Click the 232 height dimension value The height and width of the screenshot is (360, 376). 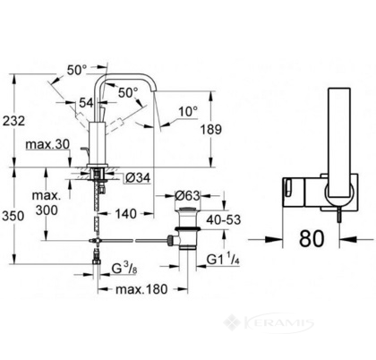coord(13,121)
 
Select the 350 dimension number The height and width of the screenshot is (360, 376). coord(13,216)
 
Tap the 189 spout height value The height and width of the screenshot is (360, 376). coord(211,129)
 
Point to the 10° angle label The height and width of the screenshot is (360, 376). coord(188,112)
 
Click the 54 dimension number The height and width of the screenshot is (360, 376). coord(86,103)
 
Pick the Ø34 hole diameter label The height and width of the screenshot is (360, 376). coord(138,178)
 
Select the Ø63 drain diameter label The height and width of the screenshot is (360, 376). coord(187,195)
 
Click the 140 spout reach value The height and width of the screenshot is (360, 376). coord(125,214)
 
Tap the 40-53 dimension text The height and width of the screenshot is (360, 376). coord(224,219)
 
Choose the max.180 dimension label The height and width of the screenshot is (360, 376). coord(141,289)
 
